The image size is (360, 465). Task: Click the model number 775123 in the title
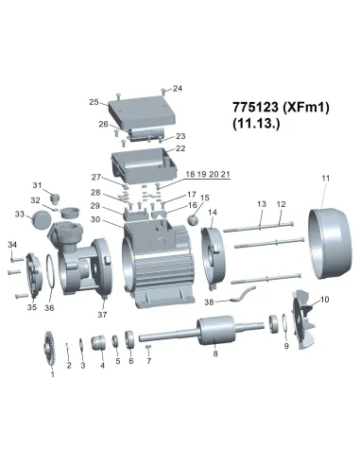point(255,107)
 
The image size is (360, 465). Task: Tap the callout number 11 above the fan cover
point(325,178)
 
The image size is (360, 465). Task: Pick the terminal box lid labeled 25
point(140,112)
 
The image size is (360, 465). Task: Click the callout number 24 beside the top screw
point(178,89)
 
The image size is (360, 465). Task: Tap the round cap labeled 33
point(42,219)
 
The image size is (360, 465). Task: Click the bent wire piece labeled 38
point(243,294)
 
